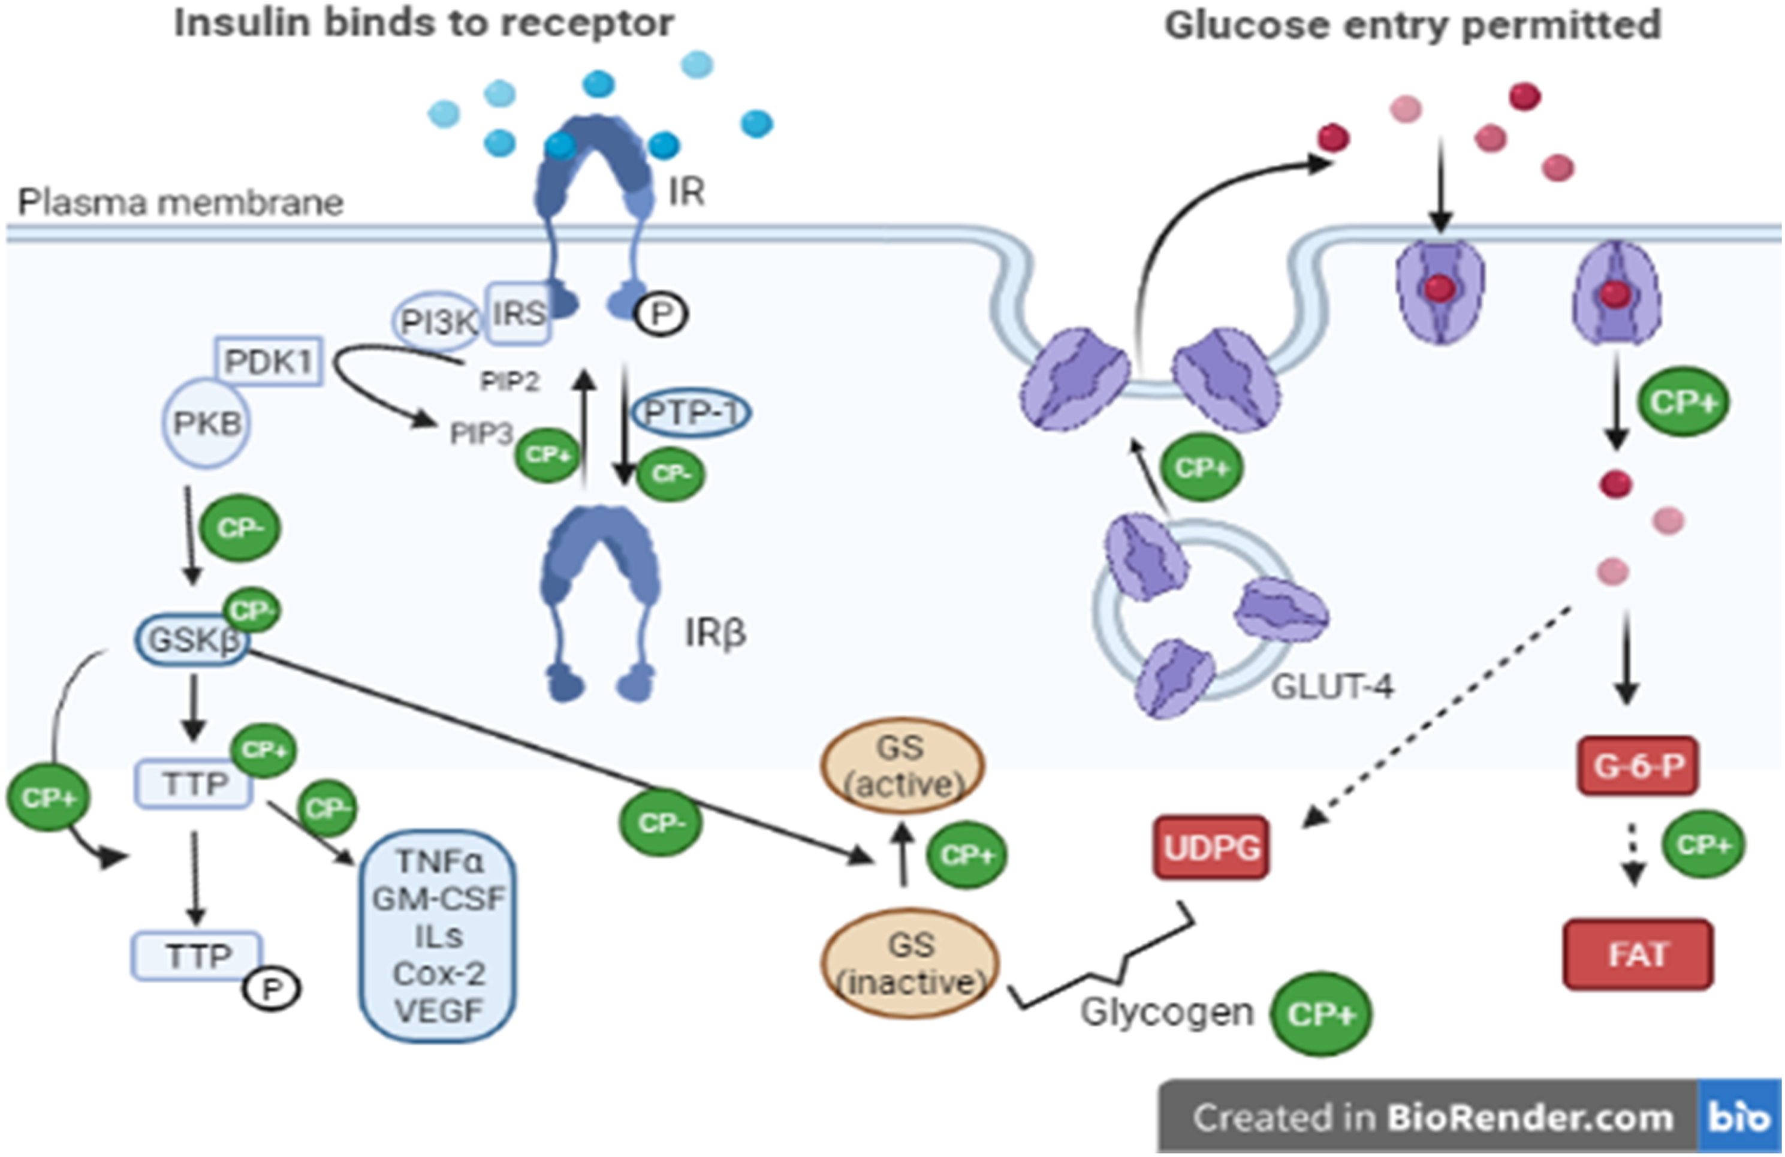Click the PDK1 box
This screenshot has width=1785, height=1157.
(x=269, y=361)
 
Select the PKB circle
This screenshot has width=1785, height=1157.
(x=206, y=423)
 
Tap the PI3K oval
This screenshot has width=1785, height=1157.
(x=437, y=322)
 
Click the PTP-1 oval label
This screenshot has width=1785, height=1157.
(x=691, y=412)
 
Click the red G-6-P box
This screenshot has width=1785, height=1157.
(x=1638, y=766)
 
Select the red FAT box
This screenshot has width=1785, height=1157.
(x=1638, y=954)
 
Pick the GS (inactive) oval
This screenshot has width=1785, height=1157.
(x=910, y=963)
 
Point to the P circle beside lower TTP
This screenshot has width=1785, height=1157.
(x=271, y=990)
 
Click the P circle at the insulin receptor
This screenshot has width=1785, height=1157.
(x=661, y=314)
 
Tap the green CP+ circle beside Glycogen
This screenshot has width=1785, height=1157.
(x=1320, y=1014)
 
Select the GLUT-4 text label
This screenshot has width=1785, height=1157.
(x=1332, y=686)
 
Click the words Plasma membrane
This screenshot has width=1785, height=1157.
(x=181, y=203)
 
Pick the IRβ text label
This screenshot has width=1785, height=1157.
(x=714, y=632)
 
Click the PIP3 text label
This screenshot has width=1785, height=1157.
(x=481, y=433)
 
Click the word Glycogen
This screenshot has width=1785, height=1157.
(x=1166, y=1011)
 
